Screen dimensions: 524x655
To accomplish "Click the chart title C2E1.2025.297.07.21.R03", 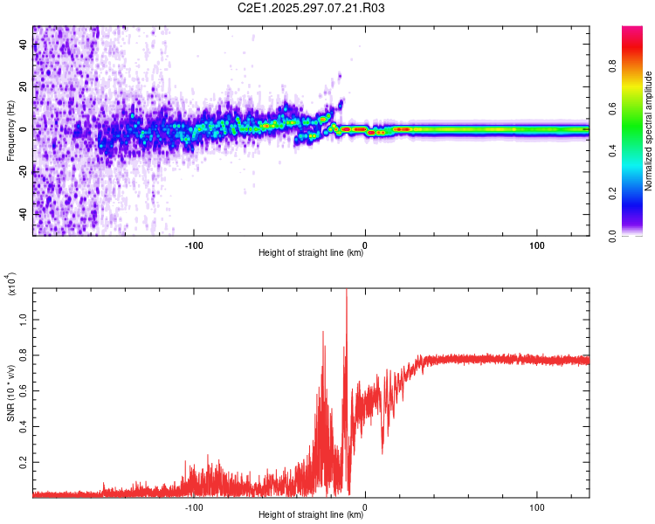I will pos(312,8).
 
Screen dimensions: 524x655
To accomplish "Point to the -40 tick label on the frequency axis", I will pos(21,214).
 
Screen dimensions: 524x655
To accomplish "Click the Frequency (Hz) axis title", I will pos(10,131).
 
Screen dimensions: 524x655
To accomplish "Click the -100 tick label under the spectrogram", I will pos(194,244).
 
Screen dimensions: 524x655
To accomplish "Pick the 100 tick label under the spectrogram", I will pos(536,244).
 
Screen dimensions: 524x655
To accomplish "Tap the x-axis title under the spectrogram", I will pos(311,253).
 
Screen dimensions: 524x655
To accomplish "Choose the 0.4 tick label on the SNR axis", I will pos(23,426).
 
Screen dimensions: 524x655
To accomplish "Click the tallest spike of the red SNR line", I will pos(347,291).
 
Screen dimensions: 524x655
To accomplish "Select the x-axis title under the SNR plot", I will pos(311,515).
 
